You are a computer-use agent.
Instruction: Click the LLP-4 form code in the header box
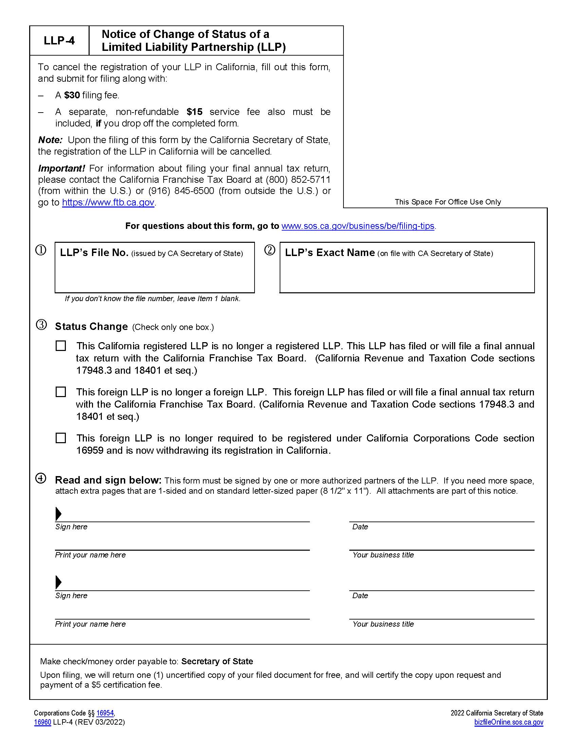(59, 41)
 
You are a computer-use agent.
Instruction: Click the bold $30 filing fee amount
(72, 95)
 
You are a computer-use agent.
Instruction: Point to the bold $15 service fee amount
(194, 112)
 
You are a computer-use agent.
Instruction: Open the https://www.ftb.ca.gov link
(108, 202)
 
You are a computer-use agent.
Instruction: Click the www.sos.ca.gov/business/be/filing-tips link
(357, 226)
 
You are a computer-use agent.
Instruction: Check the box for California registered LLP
(61, 346)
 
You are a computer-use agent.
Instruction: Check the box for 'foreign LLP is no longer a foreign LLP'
(61, 392)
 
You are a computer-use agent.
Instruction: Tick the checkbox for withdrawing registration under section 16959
(61, 438)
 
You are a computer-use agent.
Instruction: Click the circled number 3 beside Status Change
(41, 325)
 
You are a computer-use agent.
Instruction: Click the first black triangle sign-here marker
(58, 514)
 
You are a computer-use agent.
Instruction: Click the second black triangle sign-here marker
(58, 582)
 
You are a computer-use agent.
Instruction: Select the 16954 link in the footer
(105, 713)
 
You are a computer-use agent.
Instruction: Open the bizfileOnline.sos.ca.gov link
(508, 722)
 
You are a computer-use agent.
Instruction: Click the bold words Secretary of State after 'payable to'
(217, 661)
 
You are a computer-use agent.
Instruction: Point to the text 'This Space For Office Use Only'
(447, 202)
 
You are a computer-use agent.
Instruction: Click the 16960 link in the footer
(43, 722)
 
